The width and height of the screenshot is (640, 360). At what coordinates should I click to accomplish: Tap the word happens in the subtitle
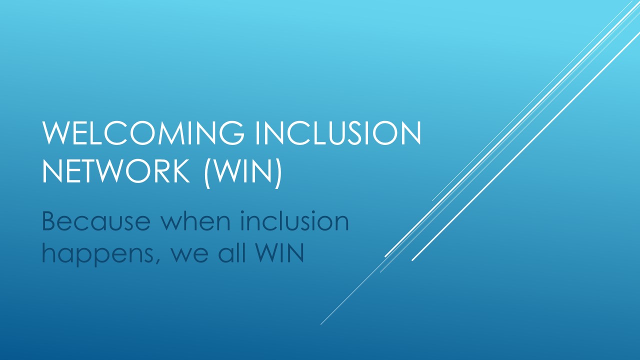pos(97,254)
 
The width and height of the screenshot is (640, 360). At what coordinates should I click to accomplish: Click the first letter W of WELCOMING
pos(55,133)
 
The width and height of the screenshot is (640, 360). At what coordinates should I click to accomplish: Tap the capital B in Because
pos(50,221)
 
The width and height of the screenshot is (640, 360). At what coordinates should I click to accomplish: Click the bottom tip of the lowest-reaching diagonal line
pos(321,324)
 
